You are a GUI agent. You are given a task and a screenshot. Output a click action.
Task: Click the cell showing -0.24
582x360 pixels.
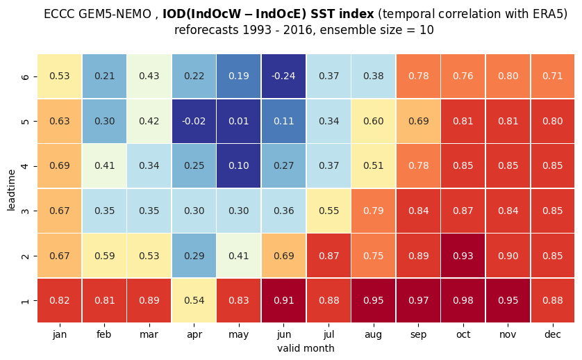click(283, 76)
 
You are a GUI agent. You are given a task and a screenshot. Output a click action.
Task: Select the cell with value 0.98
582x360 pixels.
click(463, 300)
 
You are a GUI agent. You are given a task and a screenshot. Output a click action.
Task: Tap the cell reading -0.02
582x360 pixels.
click(194, 121)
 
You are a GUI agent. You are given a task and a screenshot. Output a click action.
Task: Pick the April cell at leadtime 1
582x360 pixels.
click(194, 300)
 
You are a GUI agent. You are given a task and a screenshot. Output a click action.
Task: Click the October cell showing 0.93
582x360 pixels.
click(463, 256)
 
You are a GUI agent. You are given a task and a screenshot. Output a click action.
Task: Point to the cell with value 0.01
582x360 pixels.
click(239, 121)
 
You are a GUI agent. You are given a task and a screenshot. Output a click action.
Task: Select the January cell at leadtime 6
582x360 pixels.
click(60, 76)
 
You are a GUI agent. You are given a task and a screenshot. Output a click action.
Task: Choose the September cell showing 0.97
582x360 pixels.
click(418, 300)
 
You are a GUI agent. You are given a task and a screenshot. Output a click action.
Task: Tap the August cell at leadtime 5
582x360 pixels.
click(373, 121)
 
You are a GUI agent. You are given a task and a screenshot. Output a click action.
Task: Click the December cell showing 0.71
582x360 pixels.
click(553, 76)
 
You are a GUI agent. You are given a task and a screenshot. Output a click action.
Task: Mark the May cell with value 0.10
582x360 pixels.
click(239, 165)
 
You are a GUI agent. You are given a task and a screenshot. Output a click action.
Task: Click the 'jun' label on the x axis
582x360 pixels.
click(283, 335)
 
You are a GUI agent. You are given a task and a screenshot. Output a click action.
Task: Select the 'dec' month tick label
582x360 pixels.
click(553, 334)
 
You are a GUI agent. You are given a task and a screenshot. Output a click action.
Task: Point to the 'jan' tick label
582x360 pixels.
click(60, 335)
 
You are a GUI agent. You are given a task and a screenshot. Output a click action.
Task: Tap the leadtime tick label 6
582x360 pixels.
click(25, 76)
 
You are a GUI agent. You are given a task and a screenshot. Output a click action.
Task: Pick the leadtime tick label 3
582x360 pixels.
click(25, 211)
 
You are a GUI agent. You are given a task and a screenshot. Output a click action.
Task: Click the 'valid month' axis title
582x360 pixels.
click(306, 348)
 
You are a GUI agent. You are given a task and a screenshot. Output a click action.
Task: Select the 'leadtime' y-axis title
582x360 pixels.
click(11, 190)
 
